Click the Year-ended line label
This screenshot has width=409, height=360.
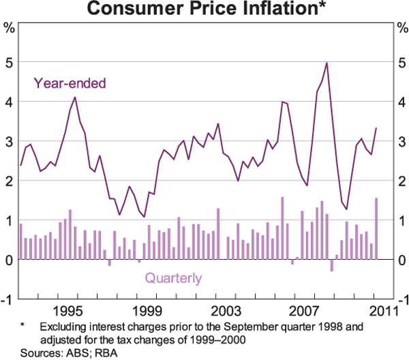(70, 84)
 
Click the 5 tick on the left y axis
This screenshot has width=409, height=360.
(10, 62)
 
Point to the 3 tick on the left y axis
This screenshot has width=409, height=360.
(10, 141)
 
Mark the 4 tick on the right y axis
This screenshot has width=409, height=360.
(399, 102)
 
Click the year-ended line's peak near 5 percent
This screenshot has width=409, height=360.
(327, 63)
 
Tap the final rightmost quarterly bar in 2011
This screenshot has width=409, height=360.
(376, 228)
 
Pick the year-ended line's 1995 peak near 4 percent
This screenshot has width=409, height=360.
(74, 97)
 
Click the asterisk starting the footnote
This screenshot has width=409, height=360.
(22, 326)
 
